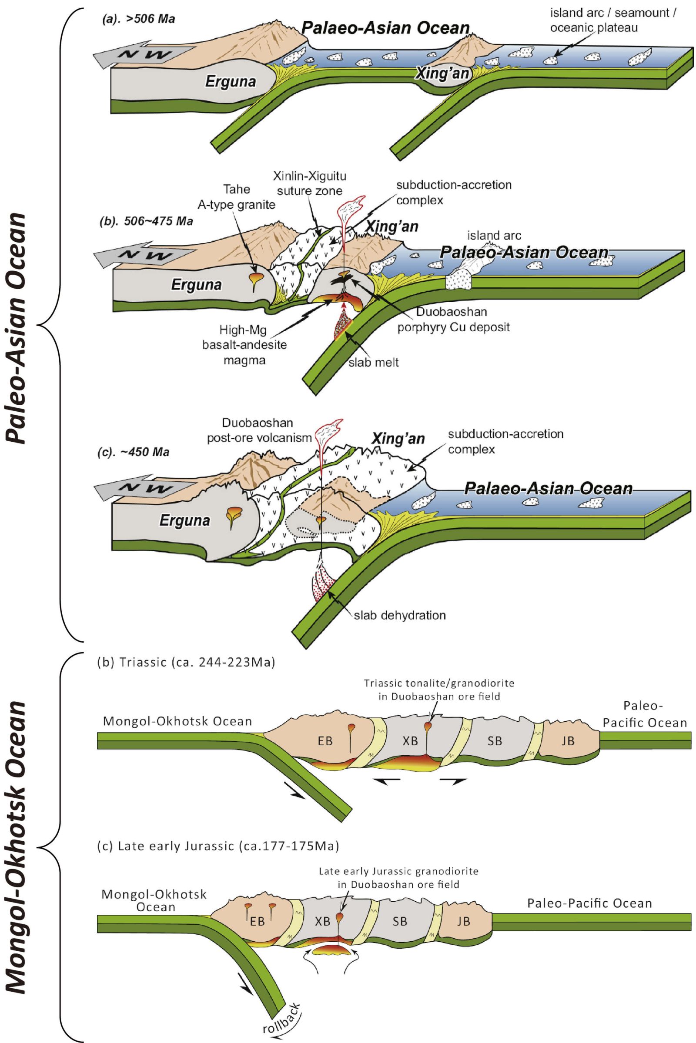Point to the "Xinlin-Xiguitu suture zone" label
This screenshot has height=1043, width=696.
click(x=309, y=183)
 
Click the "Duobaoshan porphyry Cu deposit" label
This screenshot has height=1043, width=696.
click(x=453, y=320)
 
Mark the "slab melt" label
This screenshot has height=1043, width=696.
click(x=374, y=362)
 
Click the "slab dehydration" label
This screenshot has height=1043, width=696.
click(x=399, y=615)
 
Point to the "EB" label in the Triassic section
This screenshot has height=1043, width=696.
click(x=325, y=741)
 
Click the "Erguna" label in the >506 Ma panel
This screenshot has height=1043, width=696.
click(x=231, y=82)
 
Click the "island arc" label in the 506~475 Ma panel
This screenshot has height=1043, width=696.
click(x=494, y=236)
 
